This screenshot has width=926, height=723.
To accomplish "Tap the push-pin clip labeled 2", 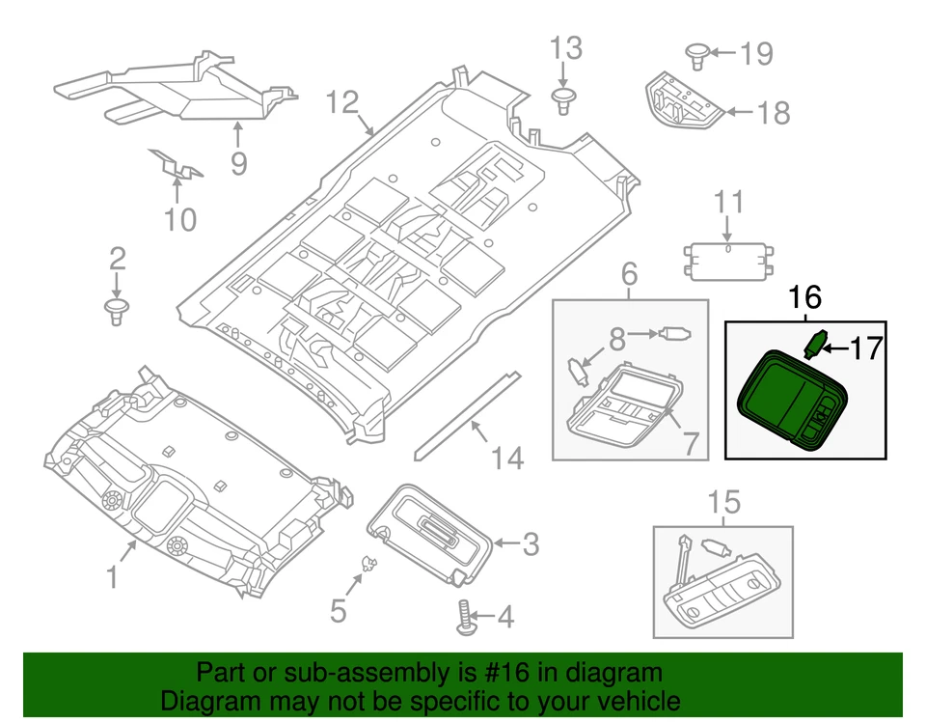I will (x=116, y=311).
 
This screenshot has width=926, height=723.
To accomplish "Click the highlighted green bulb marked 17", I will (x=814, y=343).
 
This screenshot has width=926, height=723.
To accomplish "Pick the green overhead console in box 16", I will (x=790, y=398).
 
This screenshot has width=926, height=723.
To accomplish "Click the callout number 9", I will (x=238, y=163).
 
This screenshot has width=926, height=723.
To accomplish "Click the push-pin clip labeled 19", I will (x=697, y=54).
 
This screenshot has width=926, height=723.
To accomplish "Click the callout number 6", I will (x=629, y=275).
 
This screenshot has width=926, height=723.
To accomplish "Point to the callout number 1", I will (x=113, y=577).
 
